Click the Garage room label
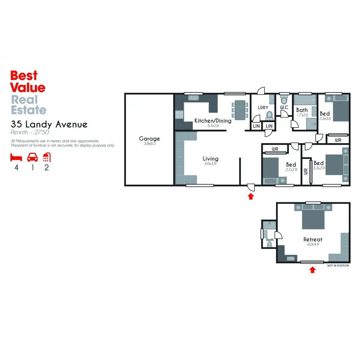tap(149, 139)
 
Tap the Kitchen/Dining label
tap(213, 121)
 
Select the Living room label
tap(210, 159)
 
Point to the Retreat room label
tap(313, 239)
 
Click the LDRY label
tap(263, 107)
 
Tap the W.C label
tap(284, 107)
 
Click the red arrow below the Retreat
tap(312, 270)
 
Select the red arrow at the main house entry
tap(251, 196)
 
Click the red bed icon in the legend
tap(16, 157)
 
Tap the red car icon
tap(32, 157)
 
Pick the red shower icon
tap(47, 157)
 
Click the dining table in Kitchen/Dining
tap(240, 110)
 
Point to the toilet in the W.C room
tap(284, 100)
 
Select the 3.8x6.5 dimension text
tap(149, 144)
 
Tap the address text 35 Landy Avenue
tap(49, 124)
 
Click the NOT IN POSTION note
tap(338, 265)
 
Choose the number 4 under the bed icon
tap(16, 167)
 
